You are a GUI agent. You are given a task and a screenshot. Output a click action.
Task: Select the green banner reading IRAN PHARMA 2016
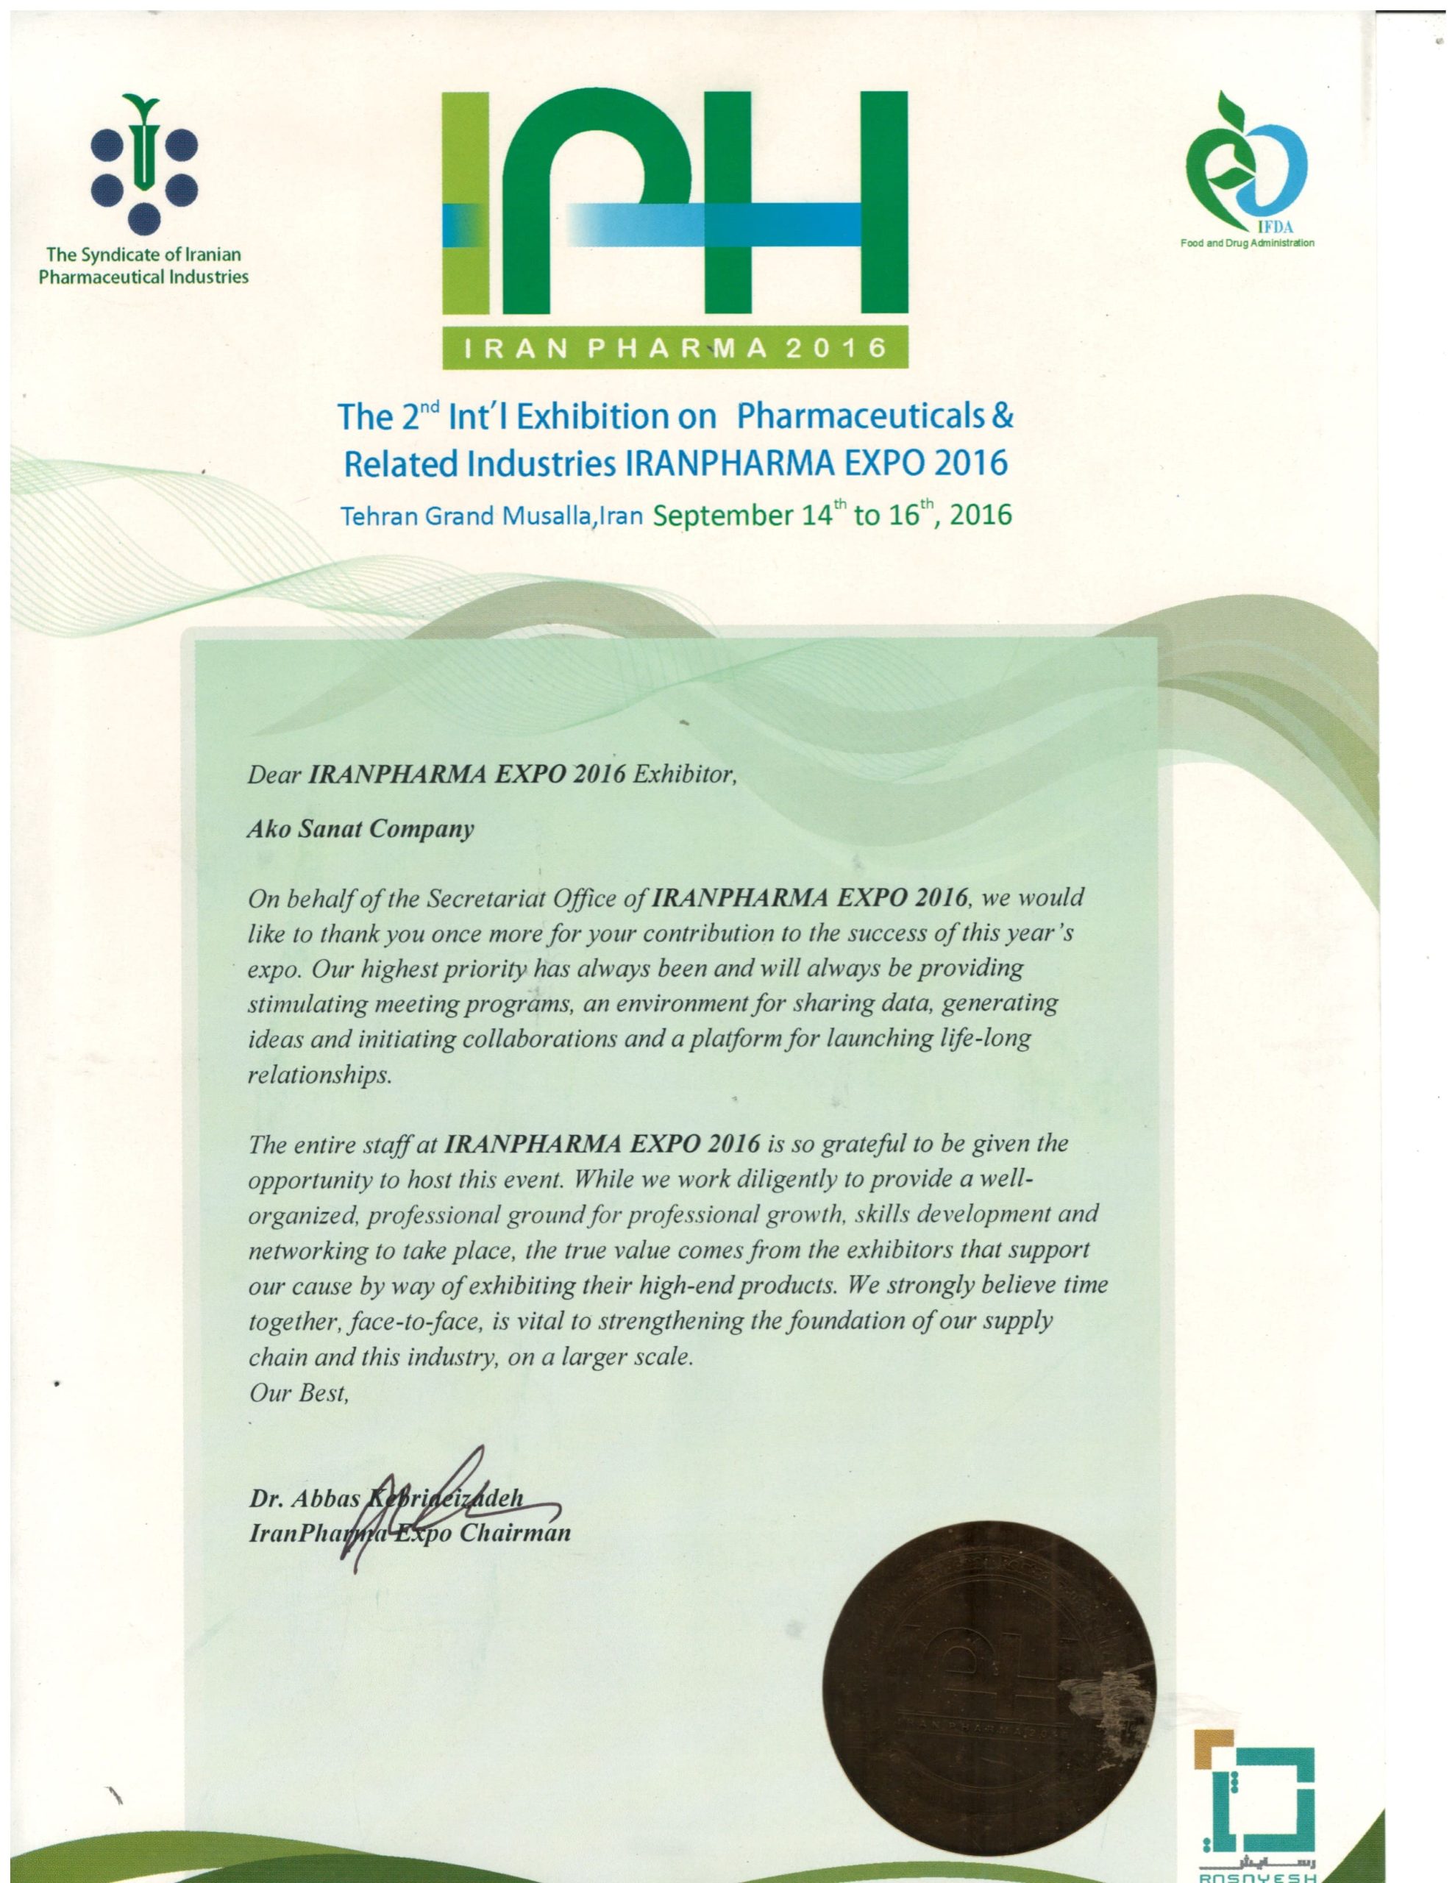click(x=675, y=349)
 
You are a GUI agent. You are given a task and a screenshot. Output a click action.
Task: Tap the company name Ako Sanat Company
click(x=360, y=830)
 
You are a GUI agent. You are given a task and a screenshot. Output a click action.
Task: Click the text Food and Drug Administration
click(x=1247, y=243)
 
